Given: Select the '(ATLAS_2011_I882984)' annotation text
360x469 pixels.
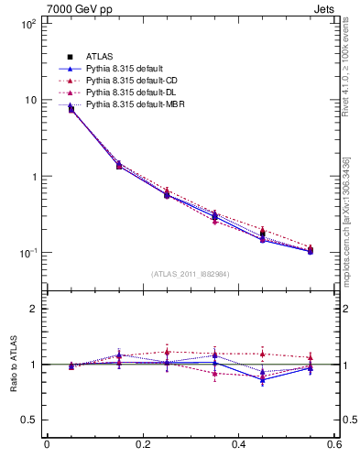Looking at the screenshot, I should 190,275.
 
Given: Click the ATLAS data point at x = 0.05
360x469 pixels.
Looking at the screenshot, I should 71,109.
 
